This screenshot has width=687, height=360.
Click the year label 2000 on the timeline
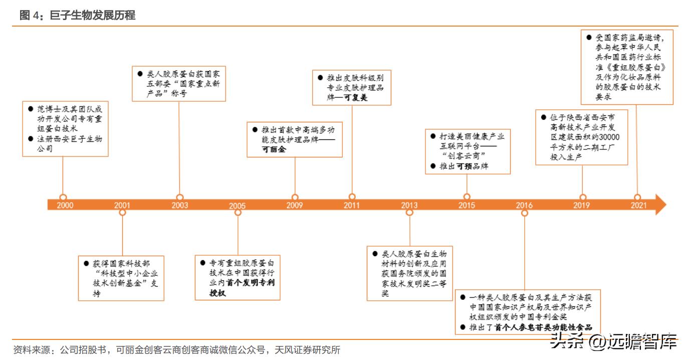(65, 205)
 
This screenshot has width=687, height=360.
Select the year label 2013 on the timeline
(409, 205)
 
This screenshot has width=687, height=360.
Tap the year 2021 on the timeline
(638, 205)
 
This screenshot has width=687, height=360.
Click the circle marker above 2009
(295, 197)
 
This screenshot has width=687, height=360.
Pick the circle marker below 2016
(525, 213)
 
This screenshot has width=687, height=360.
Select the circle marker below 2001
(122, 213)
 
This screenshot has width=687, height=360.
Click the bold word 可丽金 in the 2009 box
(274, 149)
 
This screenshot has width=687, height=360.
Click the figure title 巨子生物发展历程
(93, 16)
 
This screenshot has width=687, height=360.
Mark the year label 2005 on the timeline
(238, 206)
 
